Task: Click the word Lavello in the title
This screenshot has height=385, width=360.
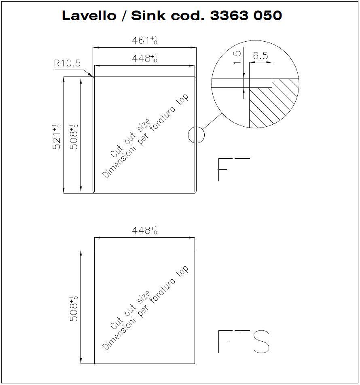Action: click(89, 15)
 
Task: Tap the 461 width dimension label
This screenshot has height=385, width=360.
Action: click(144, 40)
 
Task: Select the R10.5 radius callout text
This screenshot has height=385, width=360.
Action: click(67, 63)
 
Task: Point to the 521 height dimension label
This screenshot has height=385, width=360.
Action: click(57, 137)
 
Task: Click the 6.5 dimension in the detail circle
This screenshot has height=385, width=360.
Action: click(260, 56)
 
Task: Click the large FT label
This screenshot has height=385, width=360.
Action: click(234, 170)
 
